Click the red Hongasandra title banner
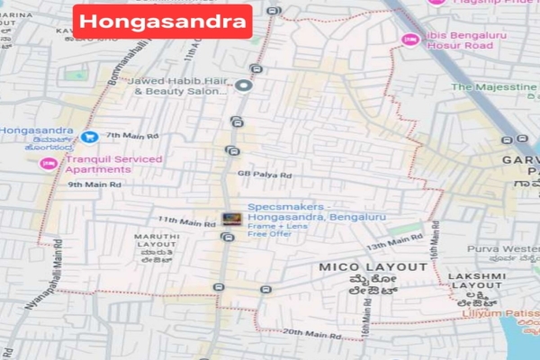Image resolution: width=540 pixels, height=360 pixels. coord(163,21)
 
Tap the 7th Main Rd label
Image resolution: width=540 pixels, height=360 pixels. coord(132,135)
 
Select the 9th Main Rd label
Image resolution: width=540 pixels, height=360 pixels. coord(94,184)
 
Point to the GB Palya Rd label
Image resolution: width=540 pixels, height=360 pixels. coord(265,175)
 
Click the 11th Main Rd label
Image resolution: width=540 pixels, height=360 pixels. coord(181,221)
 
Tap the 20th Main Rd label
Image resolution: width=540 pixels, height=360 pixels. coord(310,334)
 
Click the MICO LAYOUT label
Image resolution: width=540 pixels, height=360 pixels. coord(373,267)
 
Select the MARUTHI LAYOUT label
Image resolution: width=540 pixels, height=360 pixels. coord(157,241)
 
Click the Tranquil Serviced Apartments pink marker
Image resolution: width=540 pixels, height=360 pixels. coord(48,164)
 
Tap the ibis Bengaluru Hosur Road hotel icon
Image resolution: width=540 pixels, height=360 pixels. coord(410,40)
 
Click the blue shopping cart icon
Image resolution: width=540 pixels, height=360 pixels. coord(88,137)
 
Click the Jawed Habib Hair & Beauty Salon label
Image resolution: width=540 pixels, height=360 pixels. coord(180,85)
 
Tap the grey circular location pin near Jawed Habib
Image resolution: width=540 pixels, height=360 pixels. coord(245,85)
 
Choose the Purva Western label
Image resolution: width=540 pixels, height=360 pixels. coord(503,247)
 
